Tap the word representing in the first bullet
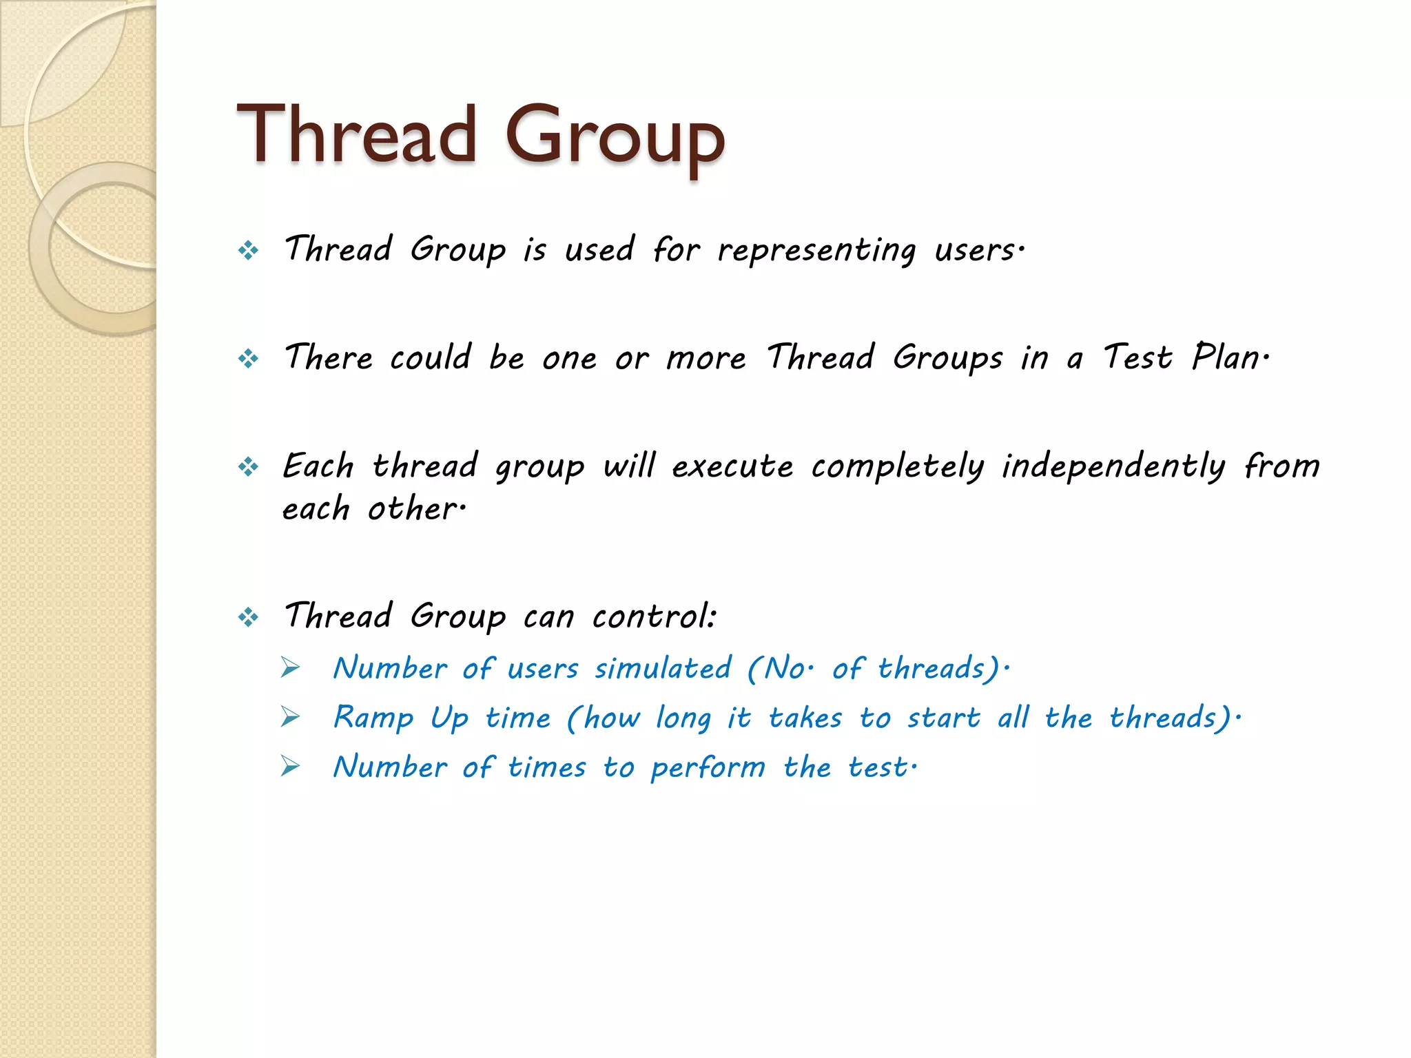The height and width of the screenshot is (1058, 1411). click(x=817, y=251)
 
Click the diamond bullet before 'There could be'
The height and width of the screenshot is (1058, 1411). click(x=248, y=358)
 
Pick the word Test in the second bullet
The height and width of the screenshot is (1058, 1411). click(x=1137, y=358)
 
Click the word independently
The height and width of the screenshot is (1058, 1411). click(x=1113, y=467)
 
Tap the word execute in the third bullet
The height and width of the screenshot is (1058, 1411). click(x=732, y=467)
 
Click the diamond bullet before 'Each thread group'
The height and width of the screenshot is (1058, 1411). click(x=248, y=467)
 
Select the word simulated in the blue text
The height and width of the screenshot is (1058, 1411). click(x=663, y=669)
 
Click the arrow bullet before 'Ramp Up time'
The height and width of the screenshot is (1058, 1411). click(x=291, y=718)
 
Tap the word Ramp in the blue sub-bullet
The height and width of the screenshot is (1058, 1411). click(x=373, y=718)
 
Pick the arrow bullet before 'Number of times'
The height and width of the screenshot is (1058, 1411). click(x=291, y=767)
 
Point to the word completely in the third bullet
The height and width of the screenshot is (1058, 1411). click(x=898, y=467)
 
